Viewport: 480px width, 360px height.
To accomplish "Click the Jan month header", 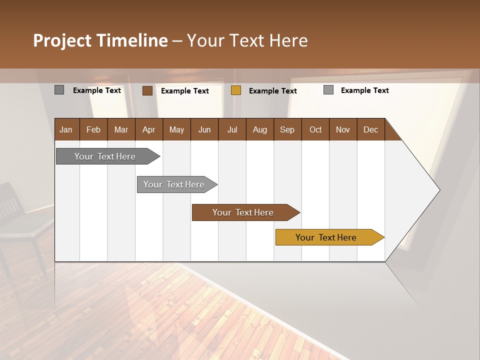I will (66, 129).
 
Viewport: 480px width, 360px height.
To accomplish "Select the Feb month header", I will (93, 129).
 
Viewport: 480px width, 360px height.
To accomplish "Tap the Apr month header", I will (148, 129).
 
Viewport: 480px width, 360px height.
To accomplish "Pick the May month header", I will (176, 129).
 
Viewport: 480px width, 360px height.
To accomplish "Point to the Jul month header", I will (232, 129).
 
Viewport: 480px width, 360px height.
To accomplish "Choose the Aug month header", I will (259, 129).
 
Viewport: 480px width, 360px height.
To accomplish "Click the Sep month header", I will (287, 129).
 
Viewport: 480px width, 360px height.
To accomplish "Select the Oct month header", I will (315, 129).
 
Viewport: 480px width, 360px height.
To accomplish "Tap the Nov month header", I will (342, 129).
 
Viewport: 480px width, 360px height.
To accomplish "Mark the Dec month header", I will (370, 129).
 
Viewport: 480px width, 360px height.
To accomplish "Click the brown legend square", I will (147, 90).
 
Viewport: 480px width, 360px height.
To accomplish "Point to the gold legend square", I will (236, 90).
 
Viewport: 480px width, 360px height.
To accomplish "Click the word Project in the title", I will (61, 40).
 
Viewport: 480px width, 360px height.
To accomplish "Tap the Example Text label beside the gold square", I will (272, 91).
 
